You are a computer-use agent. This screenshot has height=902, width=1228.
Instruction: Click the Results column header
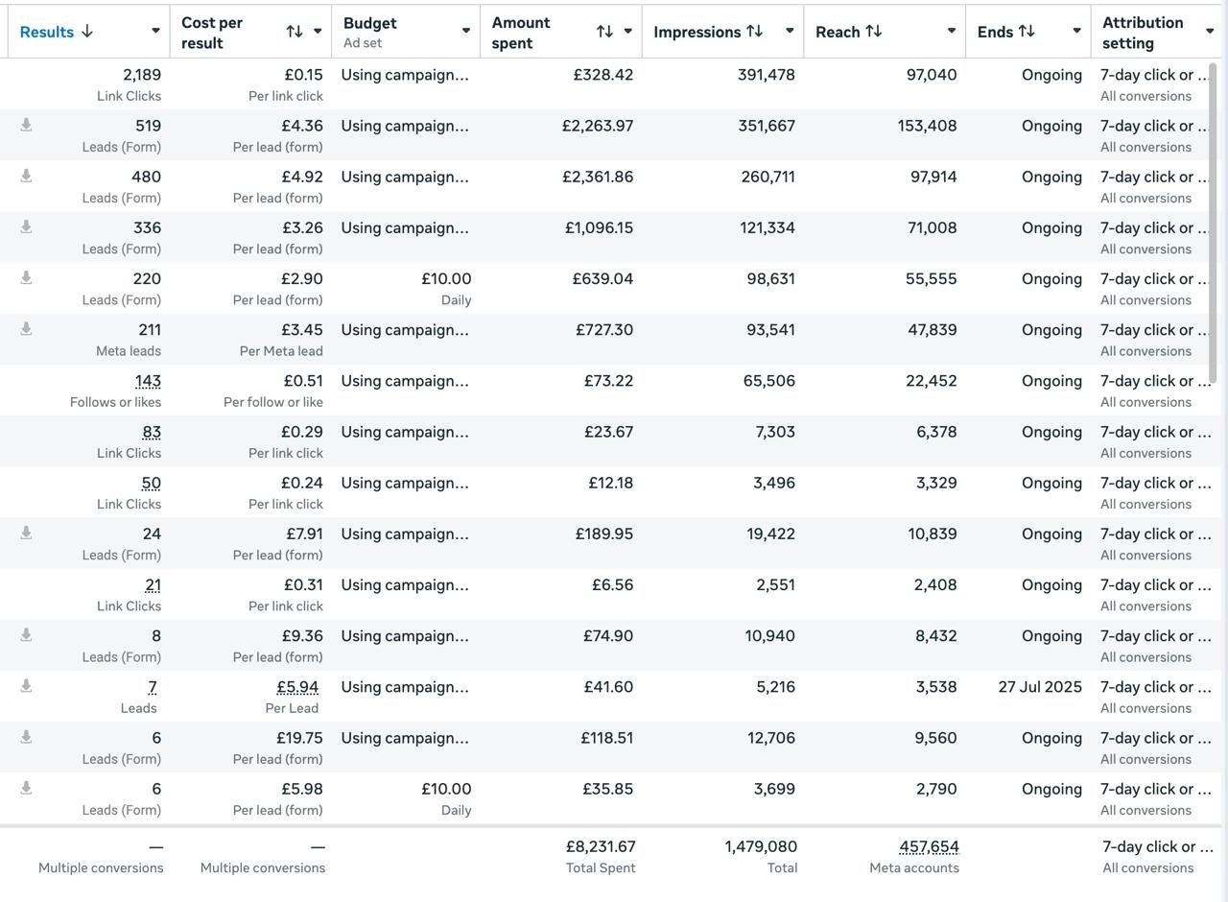(47, 32)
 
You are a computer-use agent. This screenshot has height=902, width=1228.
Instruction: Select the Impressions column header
(697, 32)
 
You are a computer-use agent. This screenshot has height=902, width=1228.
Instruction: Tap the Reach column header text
(838, 32)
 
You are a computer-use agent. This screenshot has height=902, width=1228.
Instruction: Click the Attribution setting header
(1143, 33)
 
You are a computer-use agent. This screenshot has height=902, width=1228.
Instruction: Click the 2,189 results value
(142, 75)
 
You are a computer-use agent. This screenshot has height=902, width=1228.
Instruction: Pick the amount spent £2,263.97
(598, 126)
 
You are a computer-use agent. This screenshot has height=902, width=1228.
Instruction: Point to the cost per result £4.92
(302, 177)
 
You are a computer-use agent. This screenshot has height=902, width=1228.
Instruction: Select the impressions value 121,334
(767, 227)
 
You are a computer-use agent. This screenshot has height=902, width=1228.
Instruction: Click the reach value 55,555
(931, 278)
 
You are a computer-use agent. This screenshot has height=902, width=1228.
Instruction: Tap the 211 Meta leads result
(150, 329)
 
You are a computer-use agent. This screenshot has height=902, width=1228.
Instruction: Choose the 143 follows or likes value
(148, 381)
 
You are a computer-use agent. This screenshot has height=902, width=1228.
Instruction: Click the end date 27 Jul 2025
(1040, 686)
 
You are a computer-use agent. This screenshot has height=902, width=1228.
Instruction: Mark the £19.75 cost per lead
(299, 738)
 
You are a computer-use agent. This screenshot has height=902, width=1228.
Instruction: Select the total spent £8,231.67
(601, 846)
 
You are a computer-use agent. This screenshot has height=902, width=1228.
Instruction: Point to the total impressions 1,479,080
(761, 846)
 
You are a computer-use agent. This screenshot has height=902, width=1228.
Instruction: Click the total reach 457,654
(930, 846)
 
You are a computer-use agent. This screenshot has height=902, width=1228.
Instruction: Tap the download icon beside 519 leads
(26, 125)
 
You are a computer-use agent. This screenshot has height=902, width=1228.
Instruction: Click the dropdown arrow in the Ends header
(1076, 31)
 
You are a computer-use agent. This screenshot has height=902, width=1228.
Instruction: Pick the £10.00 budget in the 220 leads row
(446, 278)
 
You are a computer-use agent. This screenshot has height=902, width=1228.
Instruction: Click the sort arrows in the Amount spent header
(604, 32)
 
